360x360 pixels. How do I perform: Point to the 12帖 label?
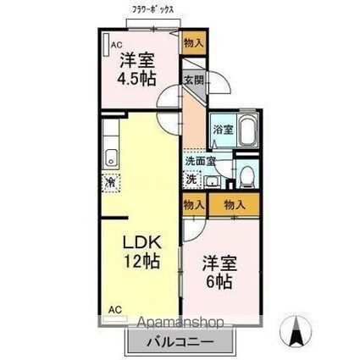(140, 262)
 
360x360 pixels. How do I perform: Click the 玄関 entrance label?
(193, 80)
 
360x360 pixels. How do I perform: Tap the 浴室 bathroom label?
(222, 130)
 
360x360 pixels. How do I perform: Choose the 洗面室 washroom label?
(200, 161)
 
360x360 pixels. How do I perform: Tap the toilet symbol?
(246, 176)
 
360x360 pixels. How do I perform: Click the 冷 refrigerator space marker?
(111, 181)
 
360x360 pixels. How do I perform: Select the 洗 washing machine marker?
(192, 180)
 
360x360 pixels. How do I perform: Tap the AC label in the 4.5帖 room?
(114, 46)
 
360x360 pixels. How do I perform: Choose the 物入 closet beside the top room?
(193, 42)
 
